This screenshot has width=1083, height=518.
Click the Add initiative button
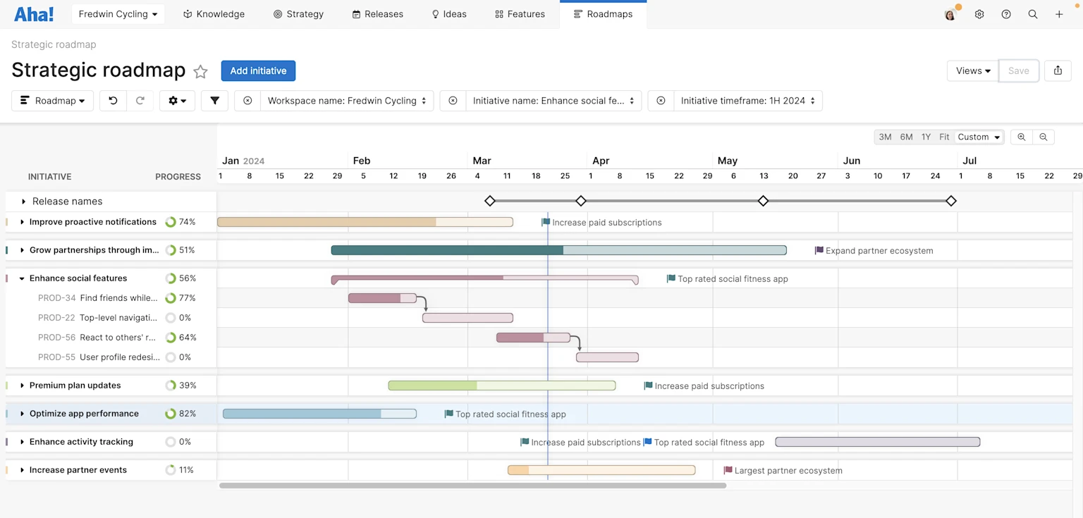coord(258,70)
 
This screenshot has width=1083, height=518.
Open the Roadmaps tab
coord(603,14)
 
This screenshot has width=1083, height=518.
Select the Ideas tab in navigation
coord(449,14)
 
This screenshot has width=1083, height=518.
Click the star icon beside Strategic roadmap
coord(201,71)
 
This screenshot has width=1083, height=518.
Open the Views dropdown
coord(973,70)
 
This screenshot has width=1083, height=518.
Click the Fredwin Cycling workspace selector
coord(118,14)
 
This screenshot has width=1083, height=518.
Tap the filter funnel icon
coord(214,101)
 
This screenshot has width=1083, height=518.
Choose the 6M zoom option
coord(906,137)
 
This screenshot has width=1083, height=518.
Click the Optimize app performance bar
coord(319,414)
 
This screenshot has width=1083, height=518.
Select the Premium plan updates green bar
coord(501,386)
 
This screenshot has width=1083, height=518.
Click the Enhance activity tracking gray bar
coord(877,442)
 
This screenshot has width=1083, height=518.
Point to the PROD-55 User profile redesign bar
coord(607,357)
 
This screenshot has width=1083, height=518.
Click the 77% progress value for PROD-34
coord(187,298)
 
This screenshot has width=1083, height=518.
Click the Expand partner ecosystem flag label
coord(879,251)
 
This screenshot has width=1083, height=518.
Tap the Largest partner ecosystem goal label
coord(788,471)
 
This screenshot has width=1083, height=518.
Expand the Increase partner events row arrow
coord(23,470)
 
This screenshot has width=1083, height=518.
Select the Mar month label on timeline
coord(482,161)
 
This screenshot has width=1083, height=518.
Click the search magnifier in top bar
coord(1033,14)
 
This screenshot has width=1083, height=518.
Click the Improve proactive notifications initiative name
coord(92,222)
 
